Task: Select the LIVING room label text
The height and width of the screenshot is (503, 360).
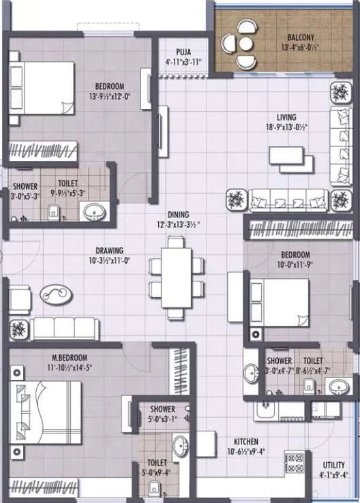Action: (281, 117)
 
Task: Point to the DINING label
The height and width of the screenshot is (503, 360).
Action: (178, 214)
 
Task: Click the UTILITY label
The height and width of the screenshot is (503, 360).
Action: (334, 466)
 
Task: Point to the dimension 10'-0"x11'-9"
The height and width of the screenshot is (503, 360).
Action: (295, 265)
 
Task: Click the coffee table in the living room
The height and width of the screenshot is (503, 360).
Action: (292, 158)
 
